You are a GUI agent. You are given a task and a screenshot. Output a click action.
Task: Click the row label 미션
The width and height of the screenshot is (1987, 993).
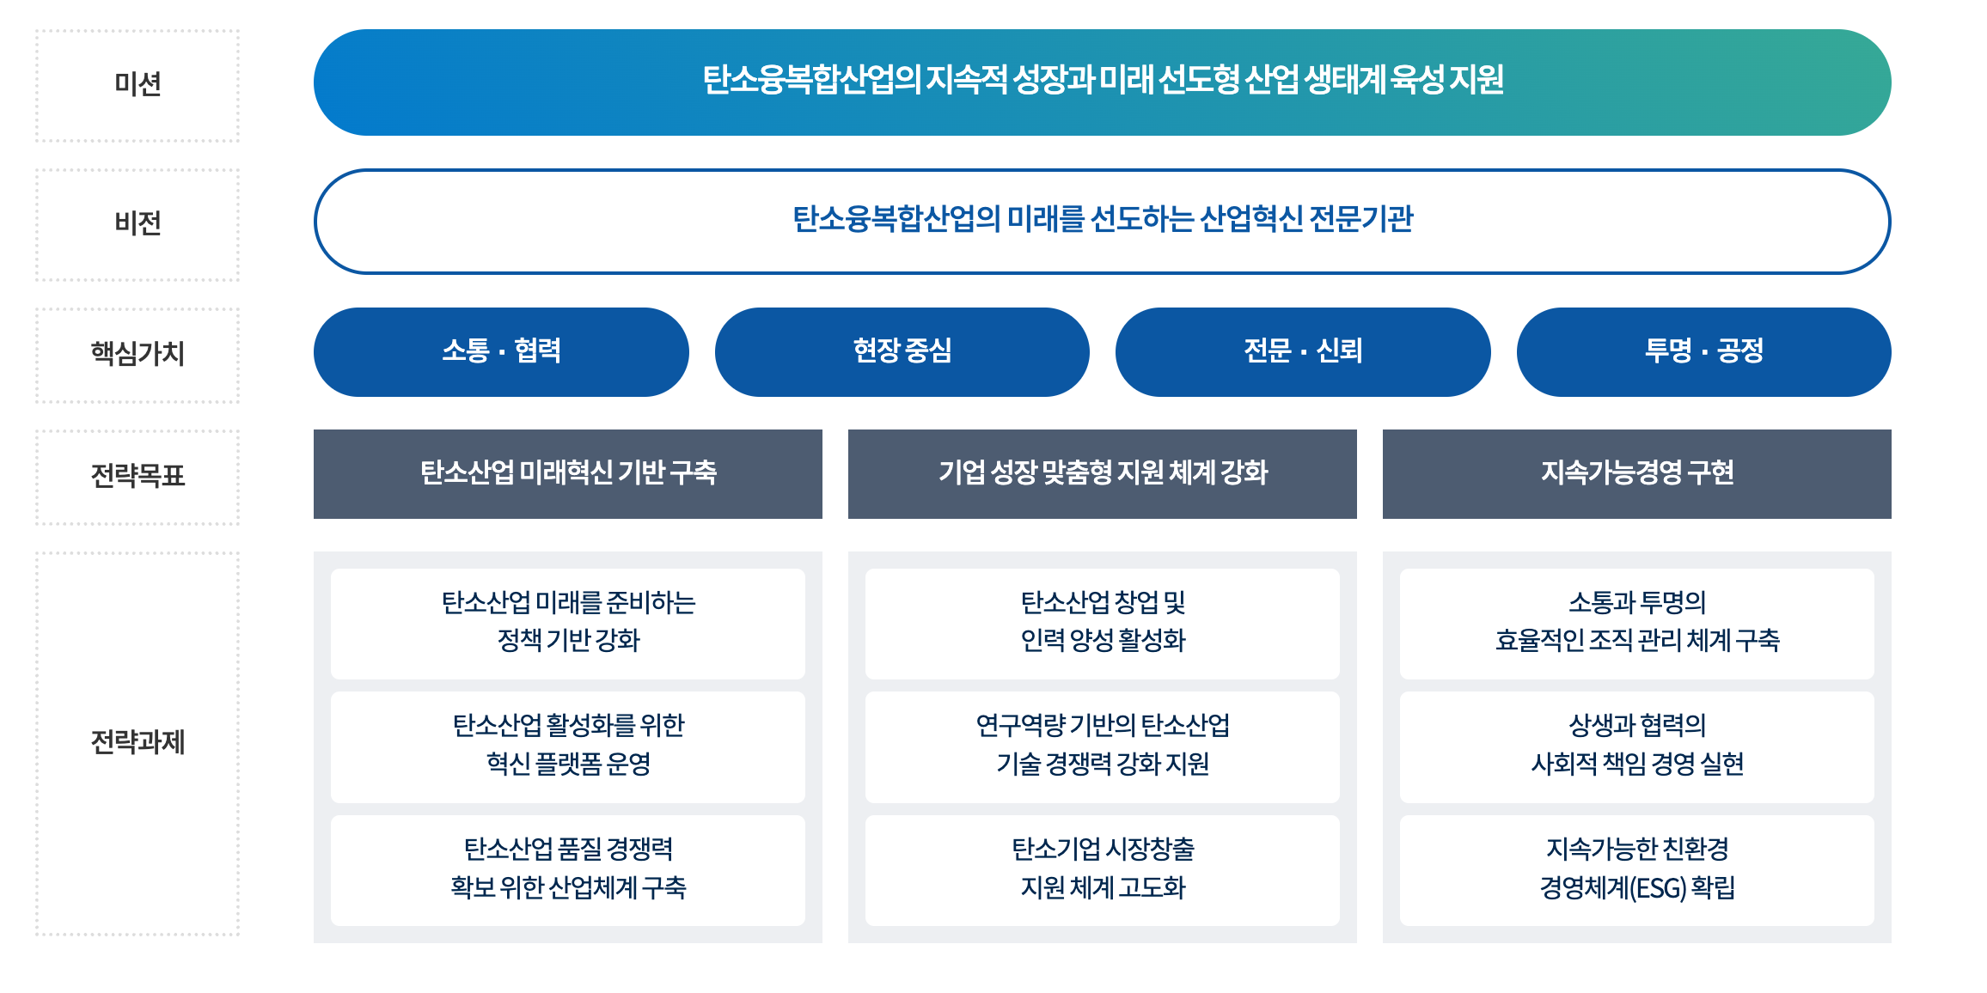[x=138, y=84]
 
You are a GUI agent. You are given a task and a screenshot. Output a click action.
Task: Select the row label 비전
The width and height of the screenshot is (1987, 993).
[x=138, y=223]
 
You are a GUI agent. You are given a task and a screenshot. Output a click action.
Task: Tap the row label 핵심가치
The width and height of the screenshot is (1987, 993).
[x=138, y=353]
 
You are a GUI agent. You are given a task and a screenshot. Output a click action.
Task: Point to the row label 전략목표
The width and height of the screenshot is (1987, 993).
[x=138, y=475]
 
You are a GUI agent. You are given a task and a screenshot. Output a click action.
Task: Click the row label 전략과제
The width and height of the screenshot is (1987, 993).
[x=138, y=741]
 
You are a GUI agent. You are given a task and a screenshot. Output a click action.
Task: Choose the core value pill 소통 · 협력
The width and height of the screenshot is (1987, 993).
[x=501, y=351]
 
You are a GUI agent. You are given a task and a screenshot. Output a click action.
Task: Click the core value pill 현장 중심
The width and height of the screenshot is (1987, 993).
[x=902, y=351]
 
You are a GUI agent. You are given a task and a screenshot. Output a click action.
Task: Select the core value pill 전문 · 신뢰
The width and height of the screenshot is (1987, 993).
[x=1302, y=351]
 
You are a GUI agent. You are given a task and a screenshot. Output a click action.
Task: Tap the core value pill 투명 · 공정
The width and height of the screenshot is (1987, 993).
[x=1703, y=351]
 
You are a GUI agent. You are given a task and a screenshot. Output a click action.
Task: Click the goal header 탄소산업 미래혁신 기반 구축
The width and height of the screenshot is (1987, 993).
[x=567, y=473]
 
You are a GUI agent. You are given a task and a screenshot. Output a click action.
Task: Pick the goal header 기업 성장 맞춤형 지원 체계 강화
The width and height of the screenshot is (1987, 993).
[x=1102, y=473]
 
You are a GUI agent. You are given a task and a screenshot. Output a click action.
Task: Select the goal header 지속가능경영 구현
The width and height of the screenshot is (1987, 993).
[x=1636, y=473]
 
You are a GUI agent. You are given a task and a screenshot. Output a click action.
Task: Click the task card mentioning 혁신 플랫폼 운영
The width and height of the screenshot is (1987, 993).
[x=567, y=746]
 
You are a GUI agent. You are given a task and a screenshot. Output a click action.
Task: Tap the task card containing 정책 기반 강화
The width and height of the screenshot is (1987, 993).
[x=567, y=623]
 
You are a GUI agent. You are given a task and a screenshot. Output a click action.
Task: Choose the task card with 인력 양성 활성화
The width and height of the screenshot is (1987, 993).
[x=1102, y=623]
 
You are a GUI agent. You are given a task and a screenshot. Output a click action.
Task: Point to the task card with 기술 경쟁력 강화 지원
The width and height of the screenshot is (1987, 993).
[x=1102, y=746]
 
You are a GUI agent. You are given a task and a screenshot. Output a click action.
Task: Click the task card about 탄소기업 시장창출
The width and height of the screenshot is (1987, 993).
[x=1102, y=869]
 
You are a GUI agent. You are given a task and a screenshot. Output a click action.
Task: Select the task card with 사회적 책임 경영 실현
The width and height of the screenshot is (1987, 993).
[x=1636, y=746]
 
